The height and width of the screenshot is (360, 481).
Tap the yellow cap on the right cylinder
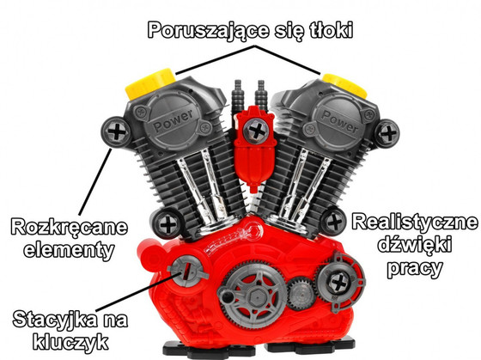pyautogui.click(x=345, y=84)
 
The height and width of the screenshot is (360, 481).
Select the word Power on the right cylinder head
pyautogui.click(x=339, y=121)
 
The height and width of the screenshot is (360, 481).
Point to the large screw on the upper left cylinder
pyautogui.click(x=116, y=132)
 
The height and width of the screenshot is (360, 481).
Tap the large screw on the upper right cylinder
pyautogui.click(x=387, y=134)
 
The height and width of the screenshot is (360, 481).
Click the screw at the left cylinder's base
pyautogui.click(x=167, y=225)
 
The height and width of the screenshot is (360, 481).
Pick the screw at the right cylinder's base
pyautogui.click(x=334, y=222)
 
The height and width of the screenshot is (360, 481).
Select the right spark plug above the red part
pyautogui.click(x=261, y=94)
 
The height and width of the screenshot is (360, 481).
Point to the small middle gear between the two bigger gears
pyautogui.click(x=301, y=293)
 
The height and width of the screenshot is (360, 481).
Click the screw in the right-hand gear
pyautogui.click(x=338, y=283)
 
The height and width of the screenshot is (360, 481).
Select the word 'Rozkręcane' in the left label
pyautogui.click(x=69, y=228)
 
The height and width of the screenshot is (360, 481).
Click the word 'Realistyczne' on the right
pyautogui.click(x=415, y=223)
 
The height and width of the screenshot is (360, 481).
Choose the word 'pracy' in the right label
pyautogui.click(x=415, y=268)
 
